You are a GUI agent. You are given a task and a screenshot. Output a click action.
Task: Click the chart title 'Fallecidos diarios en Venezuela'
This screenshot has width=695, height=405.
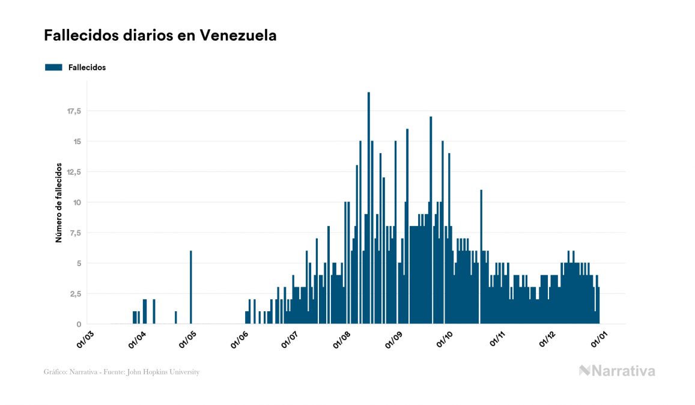160,35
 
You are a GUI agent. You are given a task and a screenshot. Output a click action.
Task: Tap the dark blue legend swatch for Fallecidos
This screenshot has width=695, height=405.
53,67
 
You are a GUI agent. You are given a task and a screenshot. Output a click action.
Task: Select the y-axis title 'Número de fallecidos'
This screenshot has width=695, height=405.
59,202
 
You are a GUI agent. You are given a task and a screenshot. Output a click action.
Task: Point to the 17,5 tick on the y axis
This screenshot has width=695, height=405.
73,111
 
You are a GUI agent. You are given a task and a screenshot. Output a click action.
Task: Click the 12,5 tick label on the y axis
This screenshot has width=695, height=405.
73,172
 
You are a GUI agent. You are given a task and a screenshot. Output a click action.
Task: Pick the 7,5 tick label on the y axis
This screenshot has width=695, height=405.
75,233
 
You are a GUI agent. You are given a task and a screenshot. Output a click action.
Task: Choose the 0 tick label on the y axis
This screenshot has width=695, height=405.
79,324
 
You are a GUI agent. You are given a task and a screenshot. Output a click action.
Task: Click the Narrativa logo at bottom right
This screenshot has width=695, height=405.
617,371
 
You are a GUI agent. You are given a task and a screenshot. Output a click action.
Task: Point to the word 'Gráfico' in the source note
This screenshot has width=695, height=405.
55,372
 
